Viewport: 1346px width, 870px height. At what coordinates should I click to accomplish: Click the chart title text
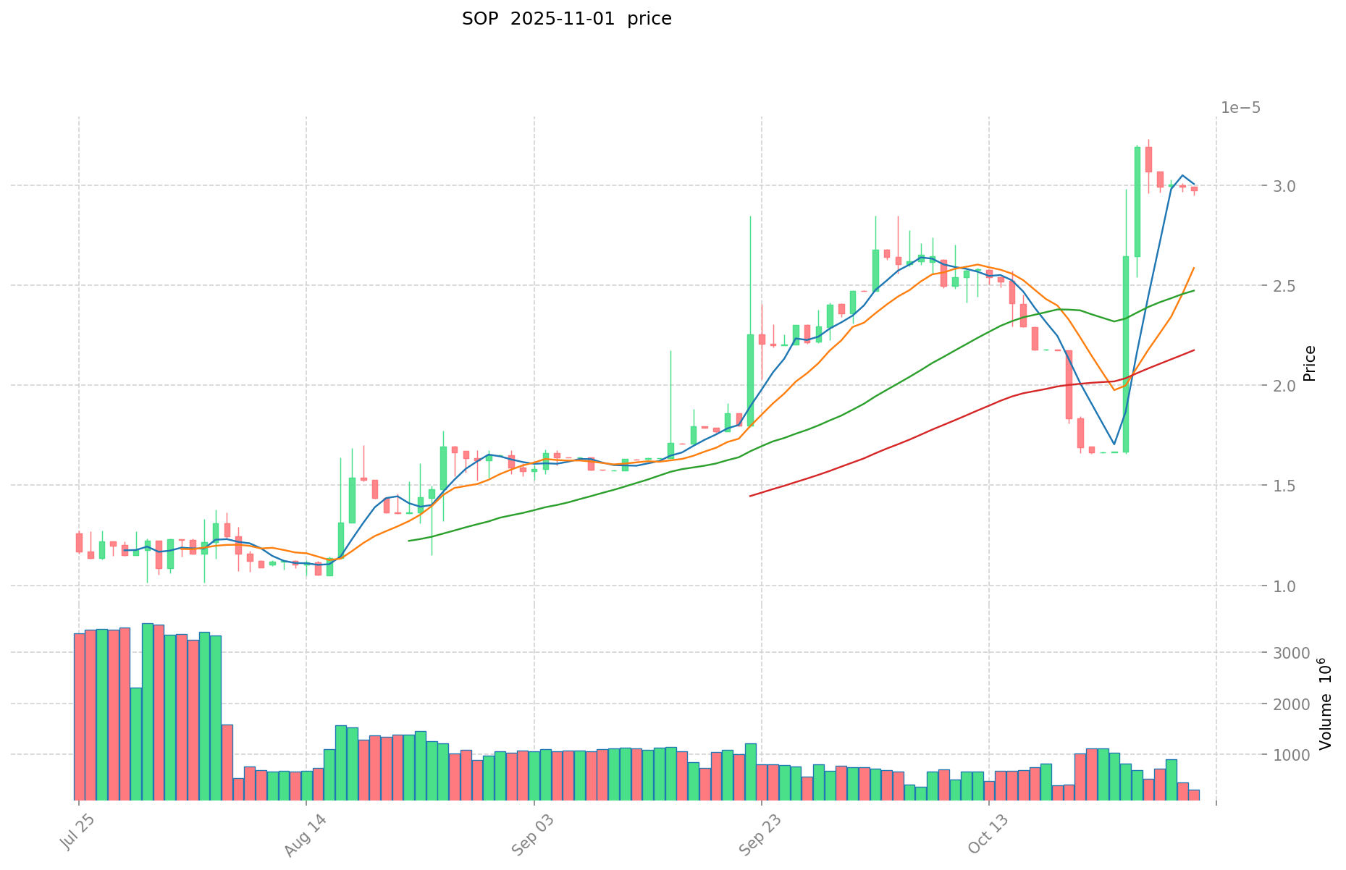pyautogui.click(x=566, y=19)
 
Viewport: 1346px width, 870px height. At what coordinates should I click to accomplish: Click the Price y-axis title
pyautogui.click(x=1309, y=363)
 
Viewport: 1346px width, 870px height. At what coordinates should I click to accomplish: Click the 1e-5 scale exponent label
pyautogui.click(x=1240, y=108)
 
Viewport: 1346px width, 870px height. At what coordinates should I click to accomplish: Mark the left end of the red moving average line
pyautogui.click(x=750, y=496)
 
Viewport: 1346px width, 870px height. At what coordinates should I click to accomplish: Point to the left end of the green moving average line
pyautogui.click(x=409, y=541)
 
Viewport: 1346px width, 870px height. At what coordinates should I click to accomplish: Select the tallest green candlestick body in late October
pyautogui.click(x=1126, y=354)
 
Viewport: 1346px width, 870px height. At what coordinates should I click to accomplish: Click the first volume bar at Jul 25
pyautogui.click(x=79, y=717)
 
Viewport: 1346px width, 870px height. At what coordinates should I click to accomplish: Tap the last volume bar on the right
pyautogui.click(x=1194, y=795)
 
